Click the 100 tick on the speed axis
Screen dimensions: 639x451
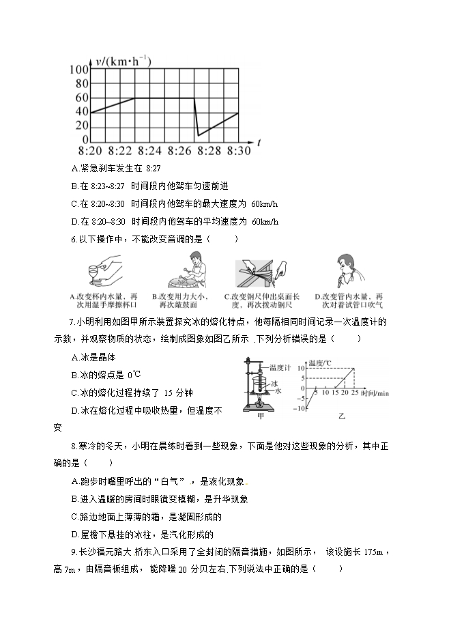coord(79,69)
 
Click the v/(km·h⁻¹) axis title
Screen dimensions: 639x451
coord(123,61)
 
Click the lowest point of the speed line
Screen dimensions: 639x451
coord(199,135)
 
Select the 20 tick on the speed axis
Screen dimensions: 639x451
coord(82,126)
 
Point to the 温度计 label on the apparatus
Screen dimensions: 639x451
coord(280,367)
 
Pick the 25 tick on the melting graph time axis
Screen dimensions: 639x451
coord(354,393)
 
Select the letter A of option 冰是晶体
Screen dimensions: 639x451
coord(74,357)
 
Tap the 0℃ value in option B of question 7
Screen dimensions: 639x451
coord(134,374)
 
